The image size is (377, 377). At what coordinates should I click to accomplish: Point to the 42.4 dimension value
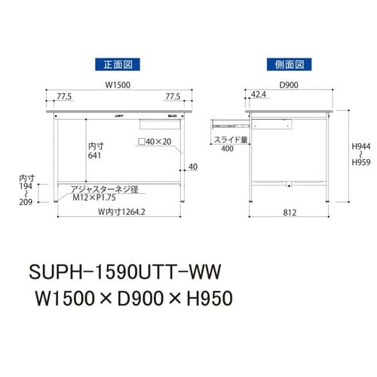[259, 97]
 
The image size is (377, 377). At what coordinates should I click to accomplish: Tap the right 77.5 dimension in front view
[173, 97]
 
